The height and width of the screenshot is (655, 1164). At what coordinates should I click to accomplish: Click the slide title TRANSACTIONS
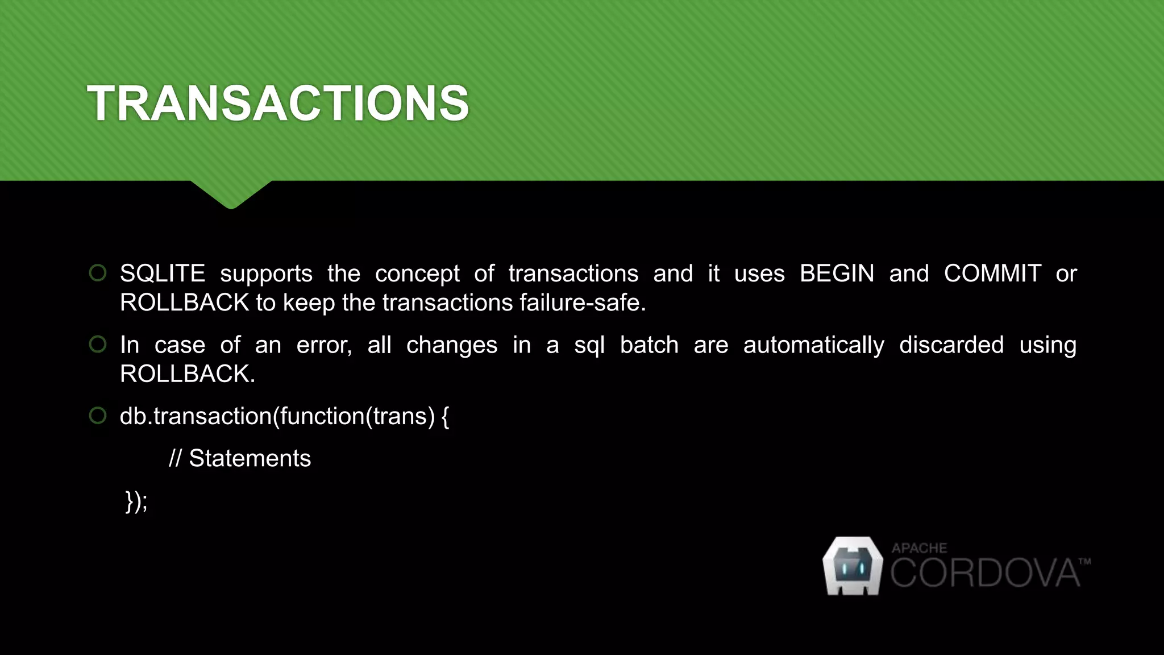tap(278, 103)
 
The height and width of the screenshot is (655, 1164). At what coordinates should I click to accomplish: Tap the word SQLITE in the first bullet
tap(163, 273)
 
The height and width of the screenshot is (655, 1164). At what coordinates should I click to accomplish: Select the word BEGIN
tap(837, 273)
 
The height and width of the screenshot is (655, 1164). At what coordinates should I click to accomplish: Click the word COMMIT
tap(992, 273)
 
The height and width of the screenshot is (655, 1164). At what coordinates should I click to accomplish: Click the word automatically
tap(813, 345)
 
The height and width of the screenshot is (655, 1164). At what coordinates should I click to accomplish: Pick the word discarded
tap(951, 345)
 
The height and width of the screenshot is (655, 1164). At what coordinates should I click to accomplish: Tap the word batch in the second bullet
tap(649, 345)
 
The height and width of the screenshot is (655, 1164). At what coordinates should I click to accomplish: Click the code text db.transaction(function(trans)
tap(277, 416)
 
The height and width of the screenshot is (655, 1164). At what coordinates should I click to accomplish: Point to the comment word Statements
tap(250, 458)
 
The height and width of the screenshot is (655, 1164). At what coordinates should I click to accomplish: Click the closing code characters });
tap(136, 501)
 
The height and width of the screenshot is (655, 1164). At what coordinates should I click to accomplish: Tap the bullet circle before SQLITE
tap(98, 273)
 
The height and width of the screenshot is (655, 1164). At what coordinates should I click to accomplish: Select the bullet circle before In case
tap(98, 344)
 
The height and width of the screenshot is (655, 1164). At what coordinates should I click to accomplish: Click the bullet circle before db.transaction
tap(98, 416)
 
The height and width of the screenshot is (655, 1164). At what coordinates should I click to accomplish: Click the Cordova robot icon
tap(853, 566)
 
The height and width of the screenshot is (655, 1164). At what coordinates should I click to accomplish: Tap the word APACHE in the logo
tap(919, 548)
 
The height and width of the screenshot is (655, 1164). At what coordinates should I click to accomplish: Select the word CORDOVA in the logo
tap(984, 573)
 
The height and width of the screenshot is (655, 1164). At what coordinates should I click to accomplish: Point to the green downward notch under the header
tap(231, 194)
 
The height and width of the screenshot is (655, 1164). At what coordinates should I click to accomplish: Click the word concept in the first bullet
tap(417, 273)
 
